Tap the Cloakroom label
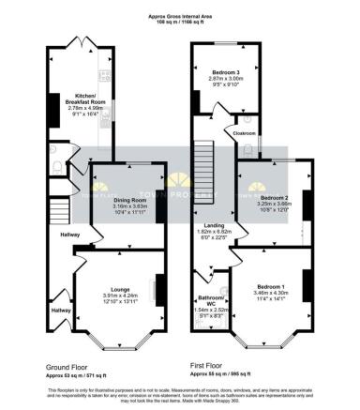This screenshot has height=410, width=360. [x=244, y=134]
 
